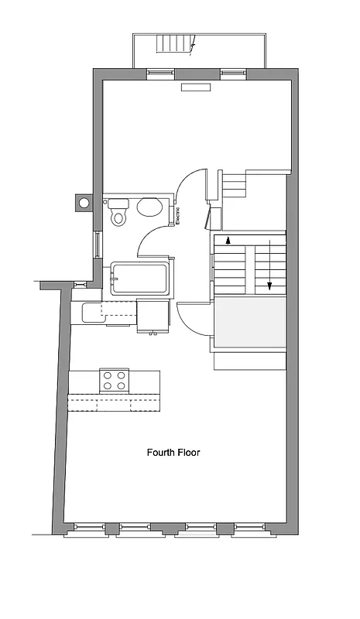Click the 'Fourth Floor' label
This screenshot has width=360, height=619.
(173, 452)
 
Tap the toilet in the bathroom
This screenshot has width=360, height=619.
(118, 211)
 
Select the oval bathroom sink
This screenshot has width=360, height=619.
(149, 207)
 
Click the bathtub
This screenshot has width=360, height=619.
(139, 279)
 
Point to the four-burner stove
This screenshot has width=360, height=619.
(115, 381)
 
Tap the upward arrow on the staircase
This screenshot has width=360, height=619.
(228, 240)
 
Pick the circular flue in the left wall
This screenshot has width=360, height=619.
(82, 203)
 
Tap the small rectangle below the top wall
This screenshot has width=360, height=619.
(197, 88)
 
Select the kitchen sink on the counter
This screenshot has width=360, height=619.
(91, 312)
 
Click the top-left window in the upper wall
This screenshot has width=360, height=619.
(160, 74)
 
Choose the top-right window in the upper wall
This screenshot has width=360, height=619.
(233, 74)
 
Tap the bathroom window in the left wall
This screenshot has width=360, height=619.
(97, 245)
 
